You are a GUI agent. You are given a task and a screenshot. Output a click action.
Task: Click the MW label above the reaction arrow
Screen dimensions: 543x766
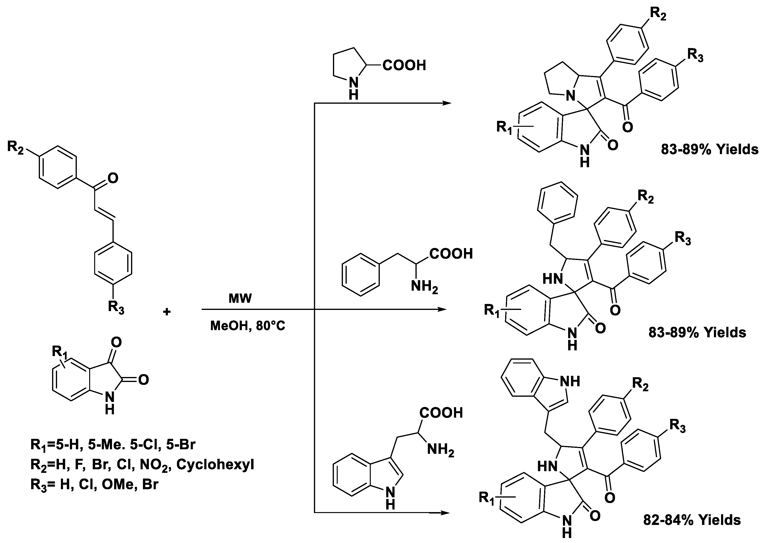pyautogui.click(x=240, y=298)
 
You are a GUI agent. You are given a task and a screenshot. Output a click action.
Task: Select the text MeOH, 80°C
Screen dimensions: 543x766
pyautogui.click(x=247, y=326)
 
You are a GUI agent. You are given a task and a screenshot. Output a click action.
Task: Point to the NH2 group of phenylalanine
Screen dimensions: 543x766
pyautogui.click(x=424, y=287)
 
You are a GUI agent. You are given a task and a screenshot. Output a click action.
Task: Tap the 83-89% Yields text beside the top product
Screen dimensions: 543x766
pyautogui.click(x=709, y=149)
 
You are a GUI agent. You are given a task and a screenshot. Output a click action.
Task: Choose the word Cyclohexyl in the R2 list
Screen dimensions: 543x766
pyautogui.click(x=215, y=465)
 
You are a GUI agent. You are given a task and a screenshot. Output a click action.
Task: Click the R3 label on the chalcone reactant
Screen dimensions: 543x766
pyautogui.click(x=116, y=307)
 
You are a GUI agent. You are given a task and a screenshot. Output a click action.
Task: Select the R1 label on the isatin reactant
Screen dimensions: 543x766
pyautogui.click(x=59, y=352)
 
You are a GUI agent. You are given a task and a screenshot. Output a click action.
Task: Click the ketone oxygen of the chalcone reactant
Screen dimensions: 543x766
pyautogui.click(x=113, y=178)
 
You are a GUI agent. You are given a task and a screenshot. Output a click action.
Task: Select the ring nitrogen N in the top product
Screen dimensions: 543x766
pyautogui.click(x=570, y=96)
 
